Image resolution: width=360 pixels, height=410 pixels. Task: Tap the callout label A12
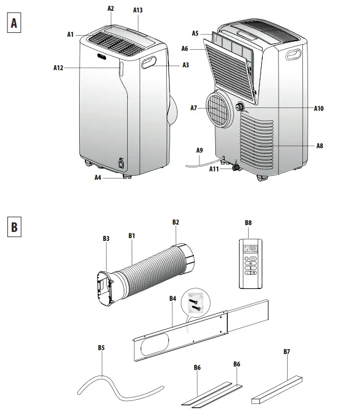[58, 68]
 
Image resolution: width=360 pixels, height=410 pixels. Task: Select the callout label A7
[194, 107]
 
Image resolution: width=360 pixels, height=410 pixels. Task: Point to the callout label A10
[318, 108]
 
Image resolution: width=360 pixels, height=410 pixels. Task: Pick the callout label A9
[199, 150]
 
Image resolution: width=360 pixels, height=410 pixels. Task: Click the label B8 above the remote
[248, 223]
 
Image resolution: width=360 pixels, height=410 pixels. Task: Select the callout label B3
[106, 239]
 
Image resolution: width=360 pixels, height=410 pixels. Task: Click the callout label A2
[110, 8]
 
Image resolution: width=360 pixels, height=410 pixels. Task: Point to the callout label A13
[137, 10]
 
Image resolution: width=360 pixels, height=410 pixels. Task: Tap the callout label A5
[195, 34]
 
